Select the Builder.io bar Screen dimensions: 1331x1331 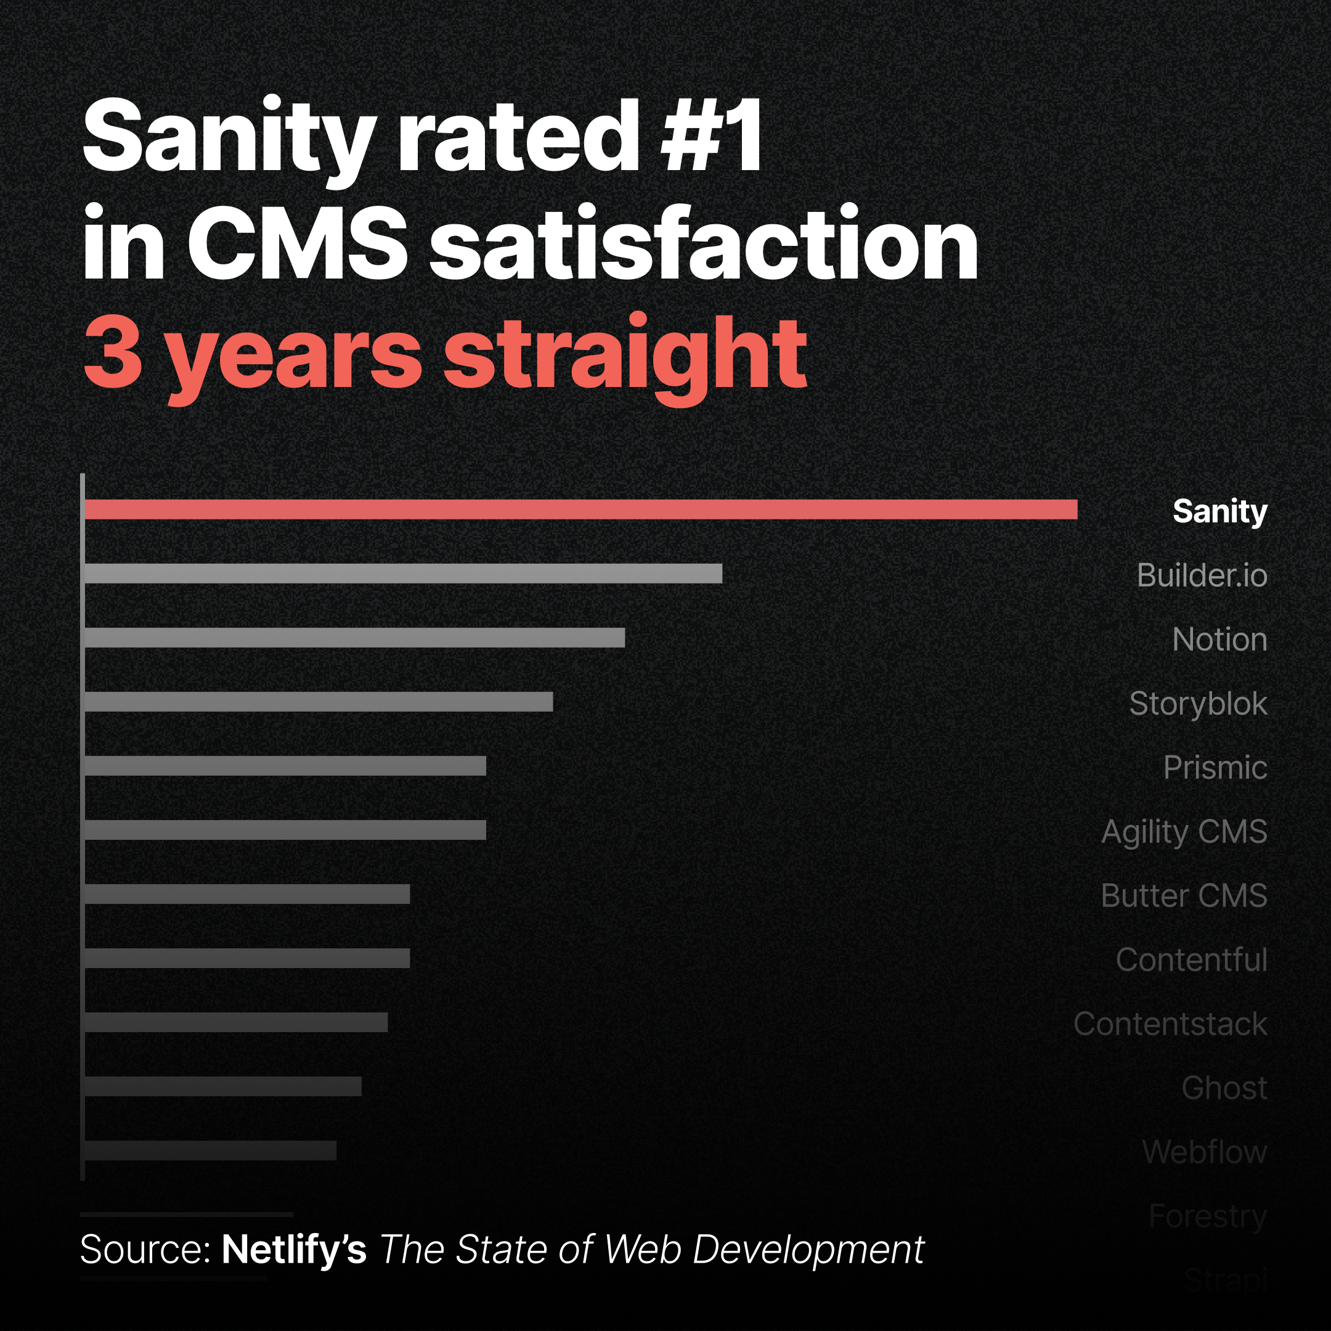403,573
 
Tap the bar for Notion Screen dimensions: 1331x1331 354,637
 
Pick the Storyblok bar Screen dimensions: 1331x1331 319,701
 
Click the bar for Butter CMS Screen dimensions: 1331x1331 246,894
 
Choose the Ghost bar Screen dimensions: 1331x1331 222,1086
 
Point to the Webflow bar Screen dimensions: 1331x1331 210,1150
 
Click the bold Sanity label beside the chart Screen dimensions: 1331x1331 1219,511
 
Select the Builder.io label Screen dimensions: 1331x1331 1202,576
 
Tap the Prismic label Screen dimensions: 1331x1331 1215,767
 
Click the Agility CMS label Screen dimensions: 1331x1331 1184,831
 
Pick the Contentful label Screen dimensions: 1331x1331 1191,959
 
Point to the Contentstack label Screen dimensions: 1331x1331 1170,1024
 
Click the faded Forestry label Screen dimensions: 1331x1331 1207,1216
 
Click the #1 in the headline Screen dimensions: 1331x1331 711,136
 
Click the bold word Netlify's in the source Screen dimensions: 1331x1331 293,1249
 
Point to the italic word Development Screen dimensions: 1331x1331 807,1249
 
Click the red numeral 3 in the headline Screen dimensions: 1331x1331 113,351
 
